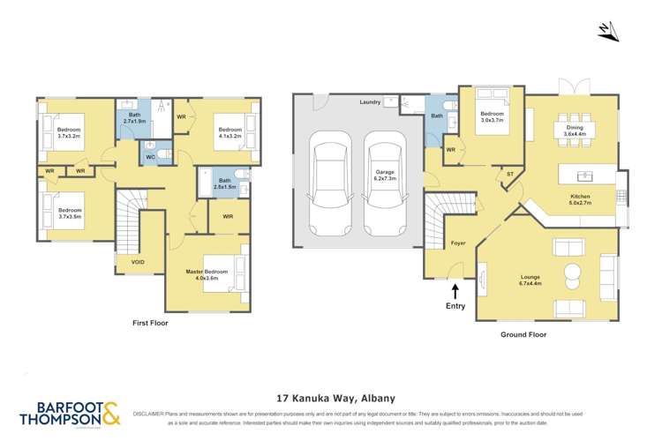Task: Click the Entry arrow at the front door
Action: click(455, 291)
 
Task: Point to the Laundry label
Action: click(370, 102)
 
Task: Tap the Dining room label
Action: click(575, 131)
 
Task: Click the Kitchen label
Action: click(580, 199)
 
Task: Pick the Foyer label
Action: click(458, 243)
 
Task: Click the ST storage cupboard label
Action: click(510, 174)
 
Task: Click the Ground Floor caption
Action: click(524, 334)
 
